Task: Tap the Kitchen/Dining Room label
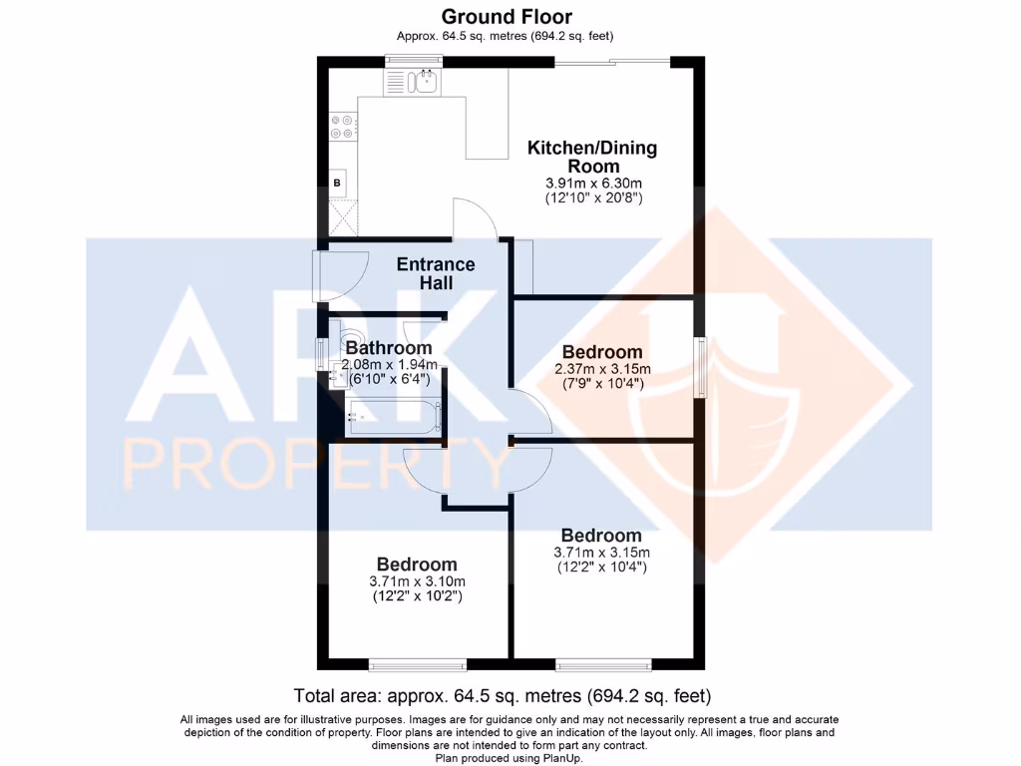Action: [592, 157]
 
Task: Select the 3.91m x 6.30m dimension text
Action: [593, 184]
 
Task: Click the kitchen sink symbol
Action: [426, 81]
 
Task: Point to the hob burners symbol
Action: [341, 127]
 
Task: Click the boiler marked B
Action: [337, 183]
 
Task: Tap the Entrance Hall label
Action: [436, 273]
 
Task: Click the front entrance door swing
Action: [328, 275]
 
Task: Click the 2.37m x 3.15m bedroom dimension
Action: [601, 368]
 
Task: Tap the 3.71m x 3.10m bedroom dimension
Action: [417, 581]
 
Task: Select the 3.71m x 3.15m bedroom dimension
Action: [601, 553]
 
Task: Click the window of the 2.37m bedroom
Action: [702, 368]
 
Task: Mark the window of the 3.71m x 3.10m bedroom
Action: [417, 663]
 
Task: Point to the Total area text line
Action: [503, 694]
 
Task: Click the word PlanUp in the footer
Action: [562, 758]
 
